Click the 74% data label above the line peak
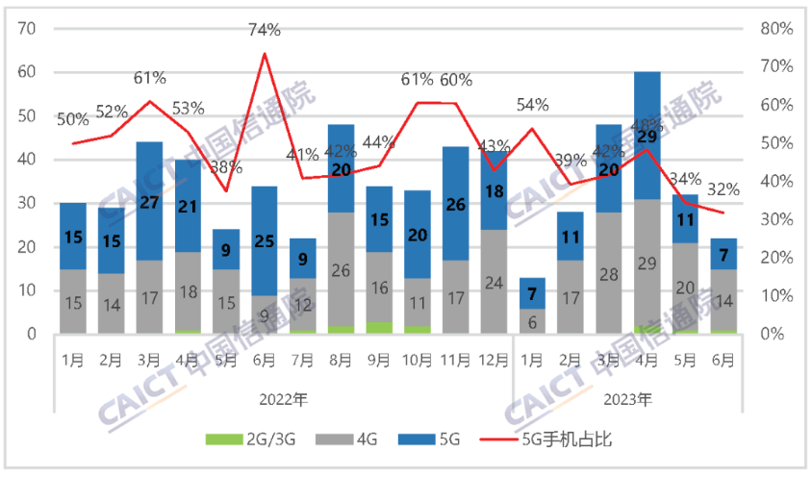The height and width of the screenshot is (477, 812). [x=265, y=31]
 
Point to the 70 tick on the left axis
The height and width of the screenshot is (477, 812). [x=27, y=28]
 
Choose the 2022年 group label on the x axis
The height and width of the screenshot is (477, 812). [x=283, y=397]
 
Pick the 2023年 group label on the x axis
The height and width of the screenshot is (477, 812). [x=628, y=397]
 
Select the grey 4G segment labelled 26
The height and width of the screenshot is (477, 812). [x=341, y=272]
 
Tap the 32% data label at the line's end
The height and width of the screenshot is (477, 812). [x=723, y=188]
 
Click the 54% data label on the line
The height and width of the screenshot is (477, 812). [x=531, y=104]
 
